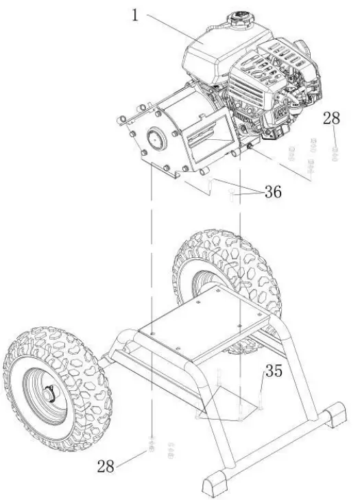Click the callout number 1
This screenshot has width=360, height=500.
pos(136,14)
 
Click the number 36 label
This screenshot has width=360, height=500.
pos(272,193)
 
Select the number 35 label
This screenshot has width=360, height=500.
pos(274,372)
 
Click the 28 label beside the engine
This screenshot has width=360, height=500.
pos(331,118)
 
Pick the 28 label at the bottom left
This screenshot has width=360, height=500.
pos(106,466)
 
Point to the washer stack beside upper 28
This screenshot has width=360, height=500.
pos(312,154)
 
